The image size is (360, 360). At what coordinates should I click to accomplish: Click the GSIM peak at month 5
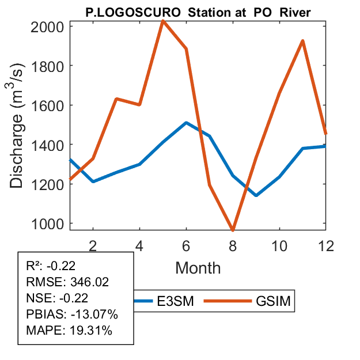tap(163, 21)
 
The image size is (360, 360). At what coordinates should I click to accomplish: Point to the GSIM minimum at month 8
tap(233, 230)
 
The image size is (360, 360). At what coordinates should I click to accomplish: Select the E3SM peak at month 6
tap(186, 123)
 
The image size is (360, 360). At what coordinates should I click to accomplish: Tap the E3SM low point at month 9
tap(256, 195)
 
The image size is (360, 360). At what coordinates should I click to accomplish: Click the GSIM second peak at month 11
tap(302, 41)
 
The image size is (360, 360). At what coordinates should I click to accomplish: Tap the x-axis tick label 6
tap(186, 245)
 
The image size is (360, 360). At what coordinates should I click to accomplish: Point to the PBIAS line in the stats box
tap(72, 314)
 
